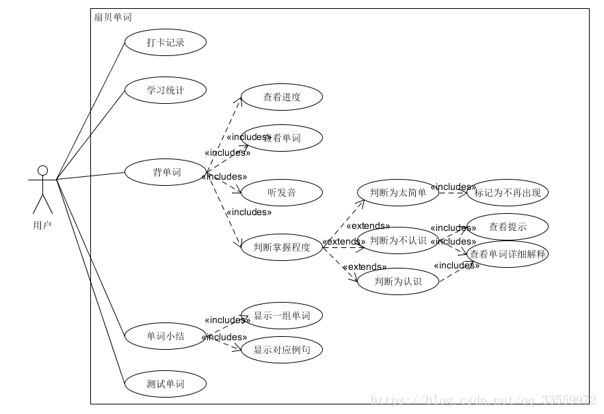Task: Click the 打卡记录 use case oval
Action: point(166,42)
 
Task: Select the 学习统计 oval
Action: point(166,90)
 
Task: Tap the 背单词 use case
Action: point(166,172)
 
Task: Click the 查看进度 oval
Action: point(282,97)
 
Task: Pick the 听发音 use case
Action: point(282,193)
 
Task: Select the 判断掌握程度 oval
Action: point(282,247)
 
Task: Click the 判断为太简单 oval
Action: point(398,193)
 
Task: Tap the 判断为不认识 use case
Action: point(398,240)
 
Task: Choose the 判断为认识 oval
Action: point(398,281)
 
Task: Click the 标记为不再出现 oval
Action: point(508,193)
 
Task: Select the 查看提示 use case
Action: point(508,227)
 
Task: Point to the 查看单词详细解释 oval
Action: point(508,254)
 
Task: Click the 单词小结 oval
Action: point(166,336)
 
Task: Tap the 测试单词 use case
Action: point(166,384)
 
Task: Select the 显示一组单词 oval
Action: point(282,316)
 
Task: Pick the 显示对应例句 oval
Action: point(282,350)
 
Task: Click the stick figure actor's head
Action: point(42,170)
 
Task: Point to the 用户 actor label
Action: point(42,225)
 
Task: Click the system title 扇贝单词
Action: point(113,17)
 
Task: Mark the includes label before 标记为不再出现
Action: point(453,187)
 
